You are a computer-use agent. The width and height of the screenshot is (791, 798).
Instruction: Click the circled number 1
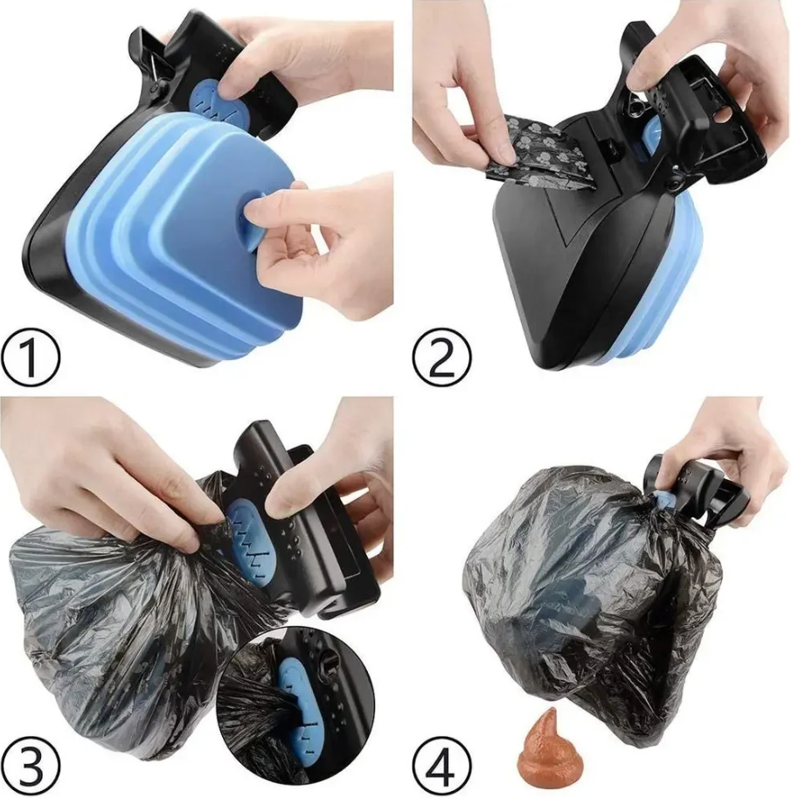tap(30, 355)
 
